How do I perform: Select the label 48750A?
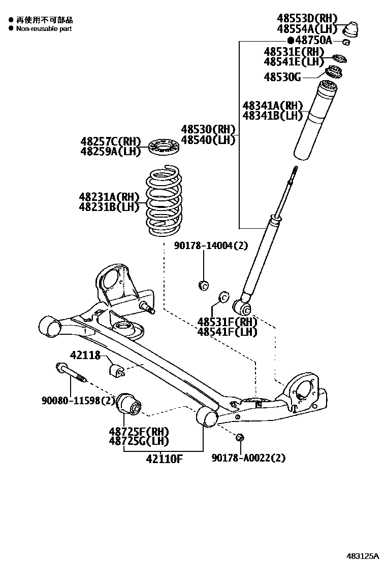coord(313,41)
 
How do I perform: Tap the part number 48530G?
coord(282,77)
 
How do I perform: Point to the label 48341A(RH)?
coord(272,106)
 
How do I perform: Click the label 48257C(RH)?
coord(110,141)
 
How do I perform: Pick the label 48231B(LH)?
coord(109,206)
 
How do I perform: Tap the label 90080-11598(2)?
coord(78,400)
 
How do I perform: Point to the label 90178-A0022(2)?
coord(248,458)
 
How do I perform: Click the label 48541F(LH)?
coord(227,332)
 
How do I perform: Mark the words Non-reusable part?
coord(44,29)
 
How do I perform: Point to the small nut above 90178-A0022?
coord(240,437)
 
